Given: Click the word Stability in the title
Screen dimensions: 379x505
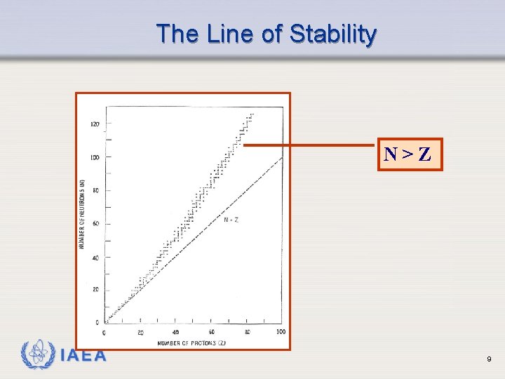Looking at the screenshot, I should tap(332, 34).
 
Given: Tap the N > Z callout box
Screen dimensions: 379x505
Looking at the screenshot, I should tap(408, 154).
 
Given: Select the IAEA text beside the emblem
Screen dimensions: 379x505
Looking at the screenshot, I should tap(84, 356).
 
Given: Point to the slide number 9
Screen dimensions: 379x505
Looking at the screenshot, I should tap(489, 359).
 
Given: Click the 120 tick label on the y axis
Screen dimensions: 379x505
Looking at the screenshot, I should tap(94, 124).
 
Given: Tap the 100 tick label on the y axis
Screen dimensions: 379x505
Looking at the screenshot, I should tap(94, 157).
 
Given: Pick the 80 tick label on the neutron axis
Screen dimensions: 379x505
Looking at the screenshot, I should tap(95, 190).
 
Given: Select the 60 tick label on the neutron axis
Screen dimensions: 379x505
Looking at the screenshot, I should tap(95, 224).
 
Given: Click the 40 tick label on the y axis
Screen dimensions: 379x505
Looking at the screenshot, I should tap(95, 258).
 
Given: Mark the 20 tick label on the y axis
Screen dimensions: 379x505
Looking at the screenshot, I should tap(95, 290).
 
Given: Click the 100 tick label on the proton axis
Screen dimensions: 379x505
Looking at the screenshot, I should tap(281, 332).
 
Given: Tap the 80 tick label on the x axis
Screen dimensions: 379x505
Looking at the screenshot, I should tap(247, 332).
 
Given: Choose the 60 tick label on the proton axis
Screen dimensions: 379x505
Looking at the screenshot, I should tap(211, 332).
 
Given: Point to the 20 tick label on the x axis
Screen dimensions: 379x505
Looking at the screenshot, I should tap(140, 332).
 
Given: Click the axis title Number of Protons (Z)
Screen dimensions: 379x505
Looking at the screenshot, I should tap(191, 343).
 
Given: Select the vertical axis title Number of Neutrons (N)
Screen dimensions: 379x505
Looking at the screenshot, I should tap(83, 214).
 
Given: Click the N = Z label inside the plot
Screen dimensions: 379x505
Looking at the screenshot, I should tap(231, 220).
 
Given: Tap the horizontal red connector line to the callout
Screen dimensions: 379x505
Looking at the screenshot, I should tap(309, 146).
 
